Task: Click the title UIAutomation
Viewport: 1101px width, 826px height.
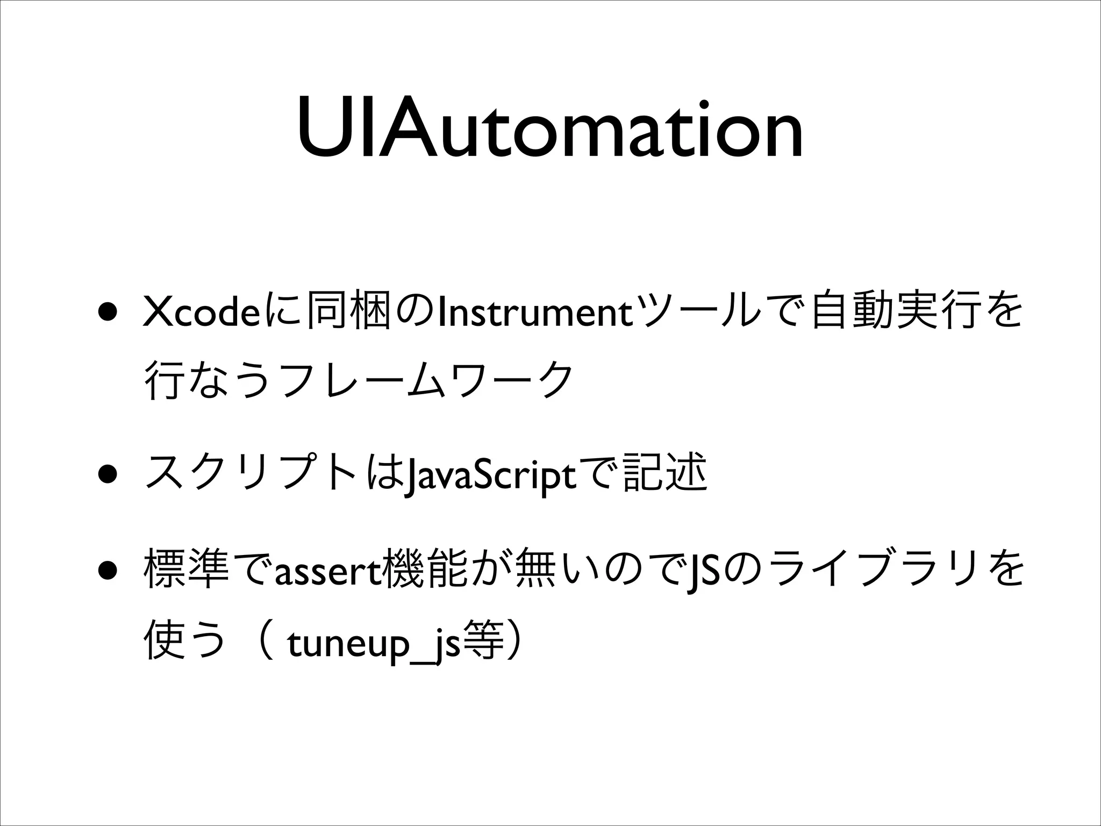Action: point(550,129)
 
